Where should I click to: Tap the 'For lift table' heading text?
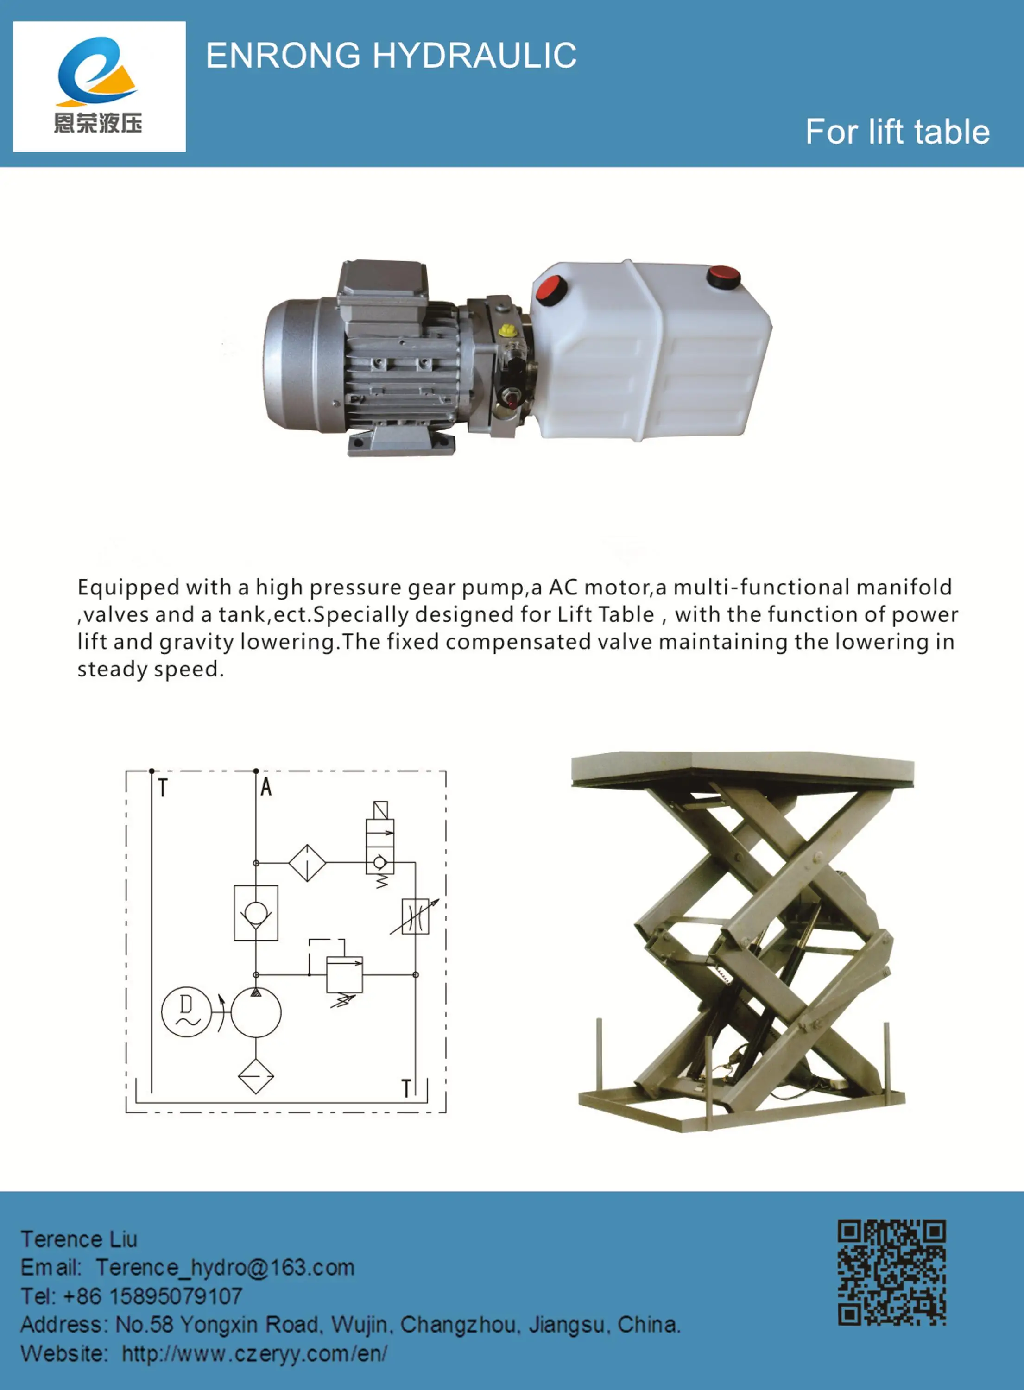897,132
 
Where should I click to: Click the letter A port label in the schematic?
266,787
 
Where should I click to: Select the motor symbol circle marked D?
186,1011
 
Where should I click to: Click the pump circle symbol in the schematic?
256,1012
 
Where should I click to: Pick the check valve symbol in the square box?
256,913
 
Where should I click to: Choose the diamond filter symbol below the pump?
256,1076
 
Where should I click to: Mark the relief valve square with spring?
345,975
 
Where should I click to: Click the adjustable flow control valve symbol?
415,916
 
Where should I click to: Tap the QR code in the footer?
891,1272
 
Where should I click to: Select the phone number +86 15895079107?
152,1296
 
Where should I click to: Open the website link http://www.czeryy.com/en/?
254,1353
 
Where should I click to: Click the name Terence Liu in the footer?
79,1239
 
